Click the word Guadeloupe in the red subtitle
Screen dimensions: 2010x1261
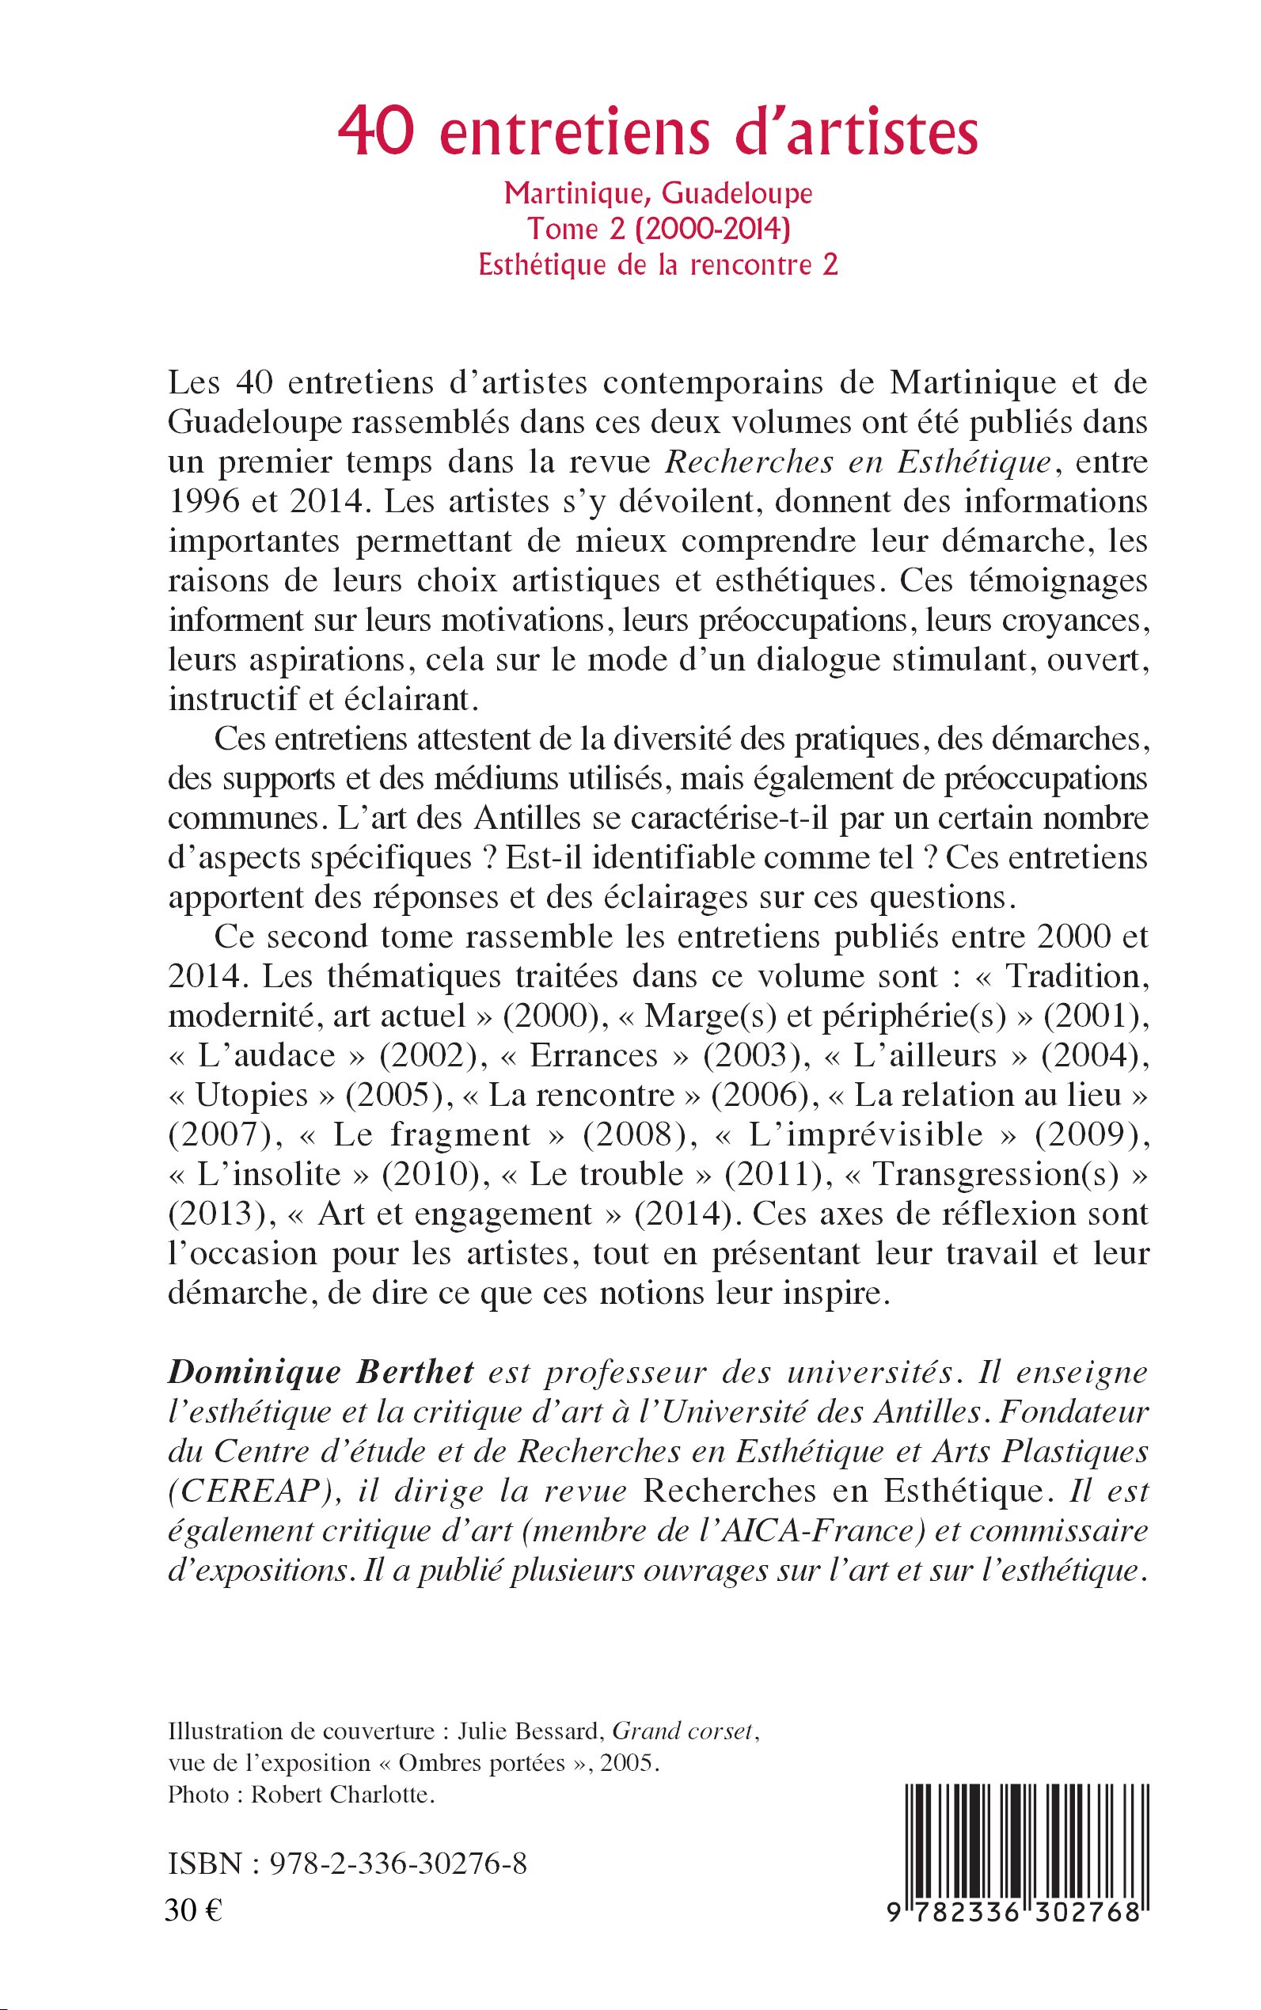coord(736,193)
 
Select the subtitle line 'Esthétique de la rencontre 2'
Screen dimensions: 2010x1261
coord(658,264)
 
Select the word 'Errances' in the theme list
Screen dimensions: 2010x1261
coord(594,1055)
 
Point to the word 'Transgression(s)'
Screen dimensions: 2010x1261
coord(996,1173)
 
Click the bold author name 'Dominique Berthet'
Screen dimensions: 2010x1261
coord(321,1371)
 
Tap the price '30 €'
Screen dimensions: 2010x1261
coord(192,1910)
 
